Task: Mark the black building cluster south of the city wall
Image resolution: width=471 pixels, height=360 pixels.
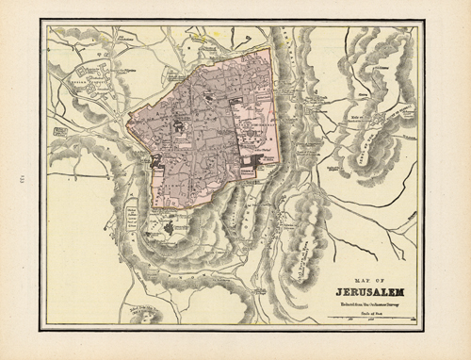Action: point(169,227)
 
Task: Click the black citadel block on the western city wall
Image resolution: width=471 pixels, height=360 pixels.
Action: point(154,160)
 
